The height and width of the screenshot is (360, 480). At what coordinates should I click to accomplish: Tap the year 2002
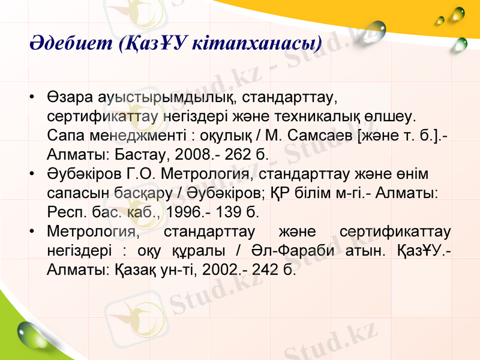pos(221,270)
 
